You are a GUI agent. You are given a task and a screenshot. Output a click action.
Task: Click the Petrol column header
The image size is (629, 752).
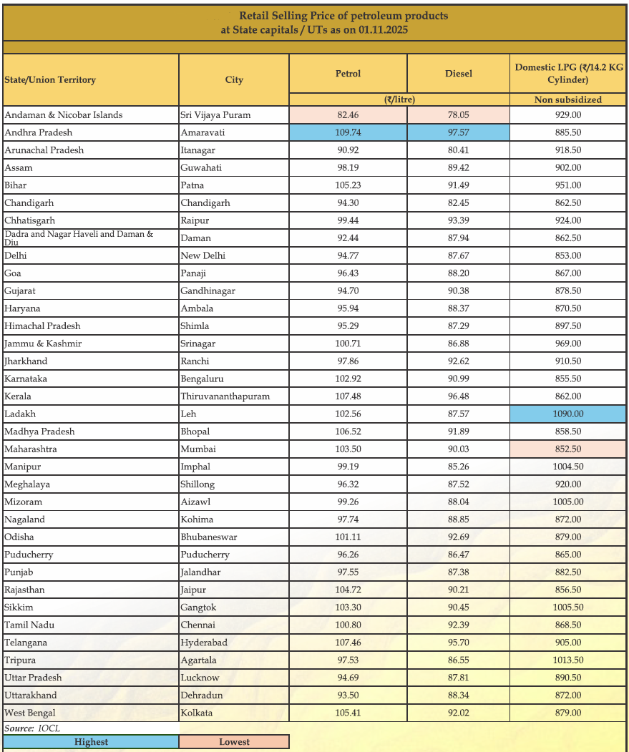tap(348, 74)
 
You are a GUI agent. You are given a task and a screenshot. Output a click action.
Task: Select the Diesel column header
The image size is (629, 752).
tap(458, 74)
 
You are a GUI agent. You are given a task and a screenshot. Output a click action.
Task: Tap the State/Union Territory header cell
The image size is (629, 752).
tap(50, 80)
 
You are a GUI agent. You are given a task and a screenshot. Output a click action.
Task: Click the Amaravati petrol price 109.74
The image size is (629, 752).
tap(348, 132)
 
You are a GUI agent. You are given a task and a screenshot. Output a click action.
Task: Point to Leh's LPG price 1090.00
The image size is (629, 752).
tap(567, 414)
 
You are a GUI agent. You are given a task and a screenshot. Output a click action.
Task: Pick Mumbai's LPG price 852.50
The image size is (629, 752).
tap(567, 449)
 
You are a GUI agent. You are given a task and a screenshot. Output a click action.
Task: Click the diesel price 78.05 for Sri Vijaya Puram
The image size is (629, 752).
tap(458, 114)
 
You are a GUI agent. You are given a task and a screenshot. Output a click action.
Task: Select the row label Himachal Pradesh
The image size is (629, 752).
tap(42, 326)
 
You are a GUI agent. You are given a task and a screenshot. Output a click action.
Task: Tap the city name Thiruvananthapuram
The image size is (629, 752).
tap(225, 396)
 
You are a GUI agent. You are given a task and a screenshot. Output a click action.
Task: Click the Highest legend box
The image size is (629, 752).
tap(91, 742)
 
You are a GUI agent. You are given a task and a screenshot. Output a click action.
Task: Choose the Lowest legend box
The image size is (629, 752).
tap(234, 742)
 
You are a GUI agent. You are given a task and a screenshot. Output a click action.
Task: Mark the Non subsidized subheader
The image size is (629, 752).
tap(567, 99)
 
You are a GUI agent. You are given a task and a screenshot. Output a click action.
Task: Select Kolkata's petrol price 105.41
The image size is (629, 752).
tap(348, 713)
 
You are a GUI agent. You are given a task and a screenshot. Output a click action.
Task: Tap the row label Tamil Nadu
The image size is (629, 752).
tap(29, 625)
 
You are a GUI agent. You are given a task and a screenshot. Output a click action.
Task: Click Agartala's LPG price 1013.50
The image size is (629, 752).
tap(567, 660)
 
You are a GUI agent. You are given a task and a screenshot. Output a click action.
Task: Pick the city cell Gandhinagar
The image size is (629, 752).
tap(208, 290)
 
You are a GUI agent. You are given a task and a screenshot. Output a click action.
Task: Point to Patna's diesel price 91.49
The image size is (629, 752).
tap(458, 185)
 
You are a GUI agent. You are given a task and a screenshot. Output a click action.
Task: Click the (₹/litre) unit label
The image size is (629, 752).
tap(399, 99)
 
